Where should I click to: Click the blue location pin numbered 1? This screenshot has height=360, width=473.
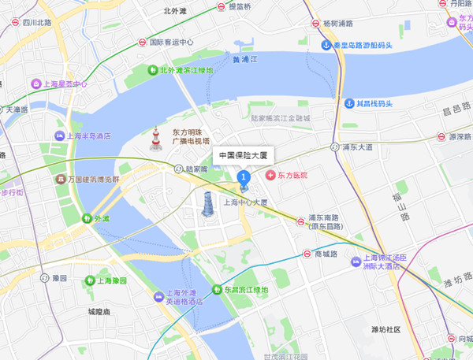point(244,178)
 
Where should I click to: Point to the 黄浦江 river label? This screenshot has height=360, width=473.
point(245,58)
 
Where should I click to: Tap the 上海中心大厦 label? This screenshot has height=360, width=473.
point(246,202)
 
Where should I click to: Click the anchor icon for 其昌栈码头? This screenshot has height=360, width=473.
point(348,103)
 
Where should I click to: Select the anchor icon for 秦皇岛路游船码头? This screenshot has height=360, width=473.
point(325,45)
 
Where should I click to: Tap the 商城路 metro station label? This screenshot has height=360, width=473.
point(326,254)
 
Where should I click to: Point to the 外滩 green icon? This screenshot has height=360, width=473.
point(86,218)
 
